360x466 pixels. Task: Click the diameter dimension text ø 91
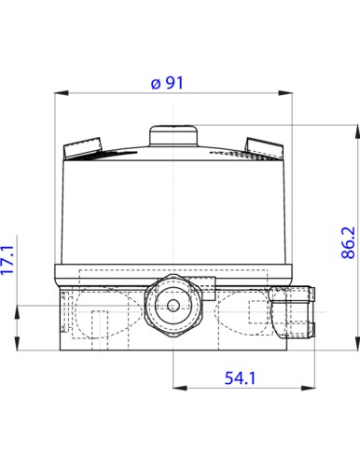click(169, 83)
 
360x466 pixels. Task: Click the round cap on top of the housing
click(173, 135)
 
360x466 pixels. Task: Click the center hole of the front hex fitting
click(173, 306)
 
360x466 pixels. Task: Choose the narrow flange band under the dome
click(173, 274)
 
